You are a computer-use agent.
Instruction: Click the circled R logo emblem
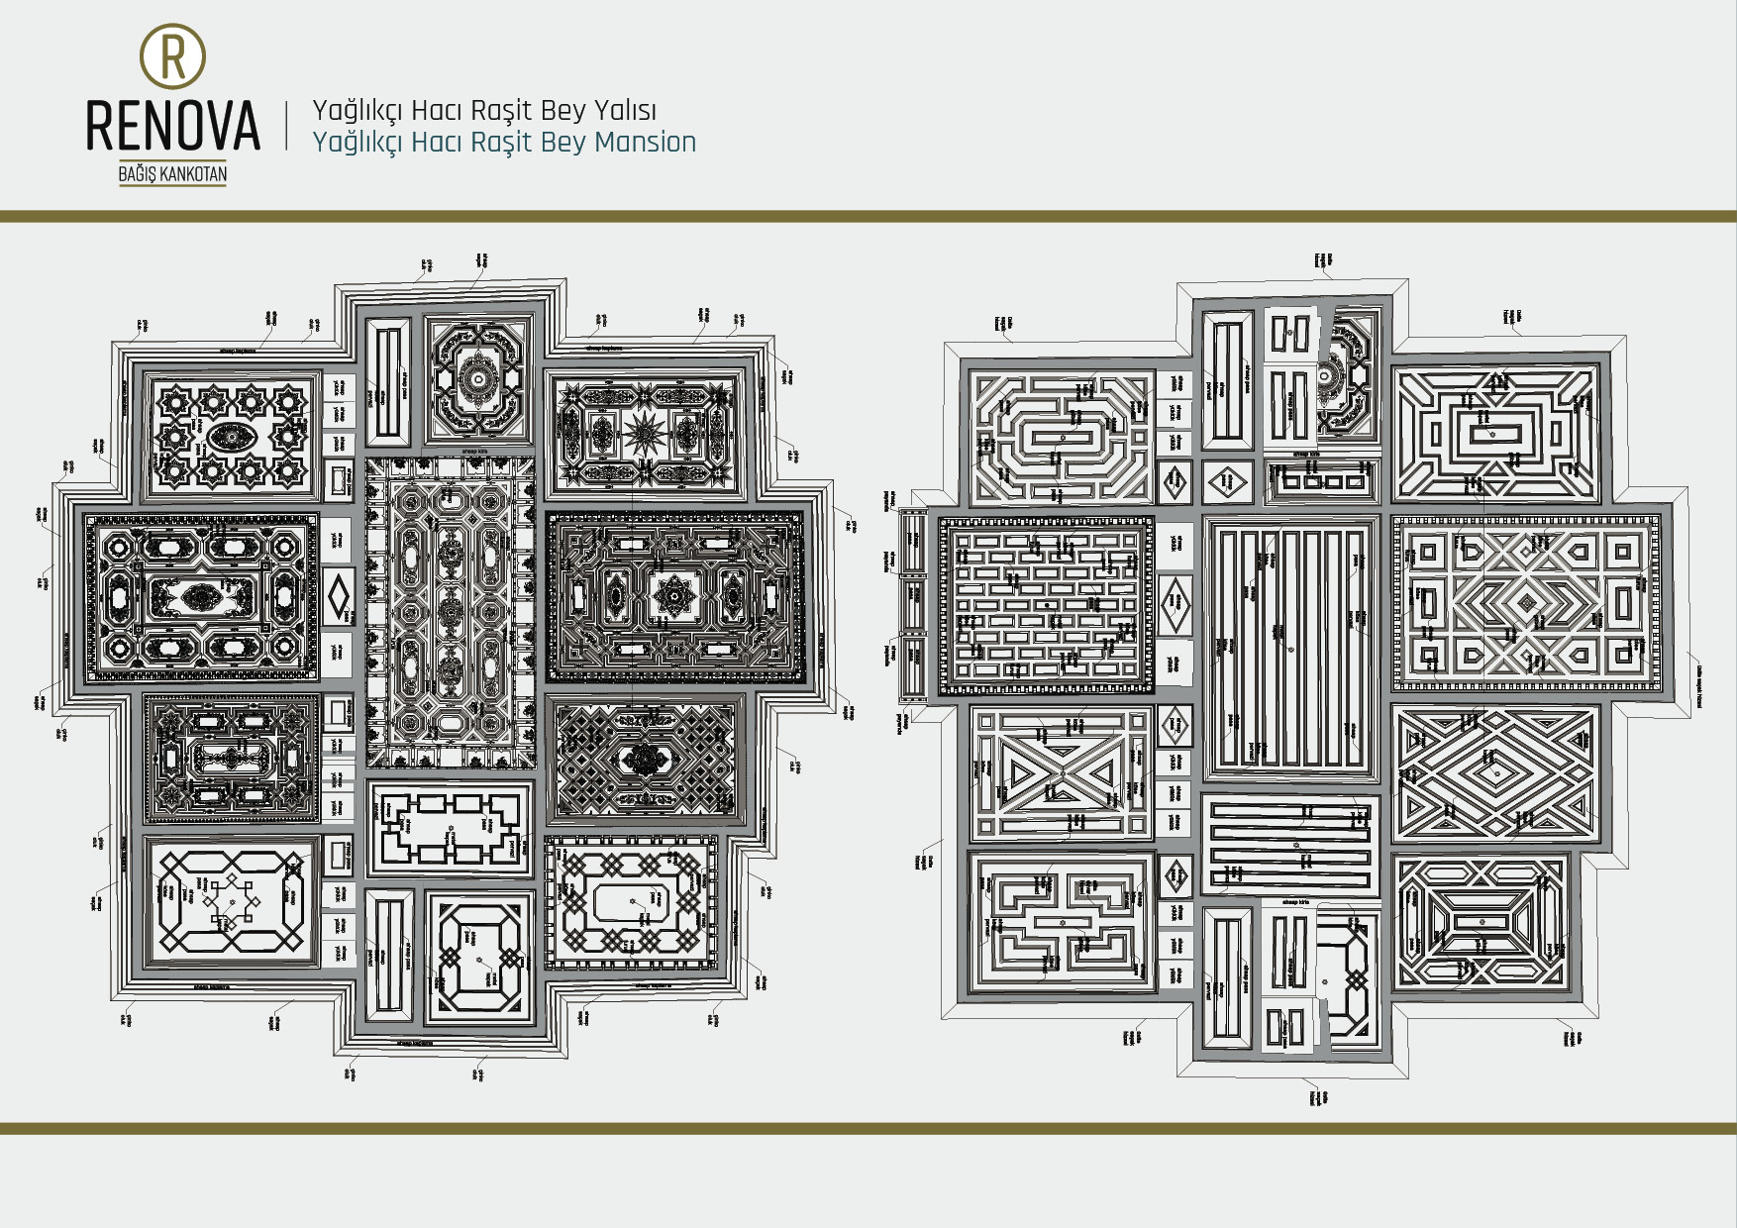[173, 56]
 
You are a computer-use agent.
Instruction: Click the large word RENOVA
[173, 126]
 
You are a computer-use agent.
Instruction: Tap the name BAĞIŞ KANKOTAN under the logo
[173, 175]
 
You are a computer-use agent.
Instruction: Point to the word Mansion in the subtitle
[645, 143]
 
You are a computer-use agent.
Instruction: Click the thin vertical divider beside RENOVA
[287, 125]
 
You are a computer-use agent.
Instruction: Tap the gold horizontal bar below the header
[868, 216]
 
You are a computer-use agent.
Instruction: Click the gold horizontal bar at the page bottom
[868, 1128]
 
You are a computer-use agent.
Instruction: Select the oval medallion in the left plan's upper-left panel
[230, 436]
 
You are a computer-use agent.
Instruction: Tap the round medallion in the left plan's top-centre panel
[478, 377]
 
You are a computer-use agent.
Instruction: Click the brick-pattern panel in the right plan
[1046, 604]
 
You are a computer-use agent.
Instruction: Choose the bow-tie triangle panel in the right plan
[1063, 772]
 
